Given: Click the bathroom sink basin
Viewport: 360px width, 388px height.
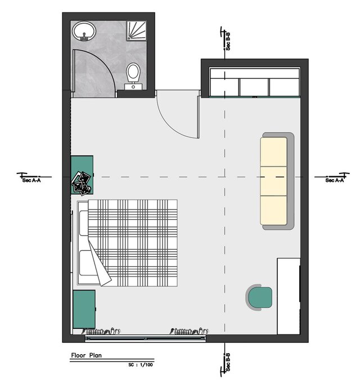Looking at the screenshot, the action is click(84, 31).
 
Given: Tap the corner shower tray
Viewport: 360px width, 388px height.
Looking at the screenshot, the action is click(136, 30).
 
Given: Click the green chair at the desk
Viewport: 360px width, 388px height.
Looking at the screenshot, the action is click(259, 297).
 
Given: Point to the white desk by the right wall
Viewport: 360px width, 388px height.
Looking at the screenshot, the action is click(289, 296).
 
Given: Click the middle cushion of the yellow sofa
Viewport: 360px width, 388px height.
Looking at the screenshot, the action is click(273, 181).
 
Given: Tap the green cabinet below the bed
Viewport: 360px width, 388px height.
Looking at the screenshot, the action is click(84, 309).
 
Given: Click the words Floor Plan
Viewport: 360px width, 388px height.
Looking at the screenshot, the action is click(86, 355).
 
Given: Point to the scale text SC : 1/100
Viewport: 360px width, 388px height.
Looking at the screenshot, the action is click(141, 364).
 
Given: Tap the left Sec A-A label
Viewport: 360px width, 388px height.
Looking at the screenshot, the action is click(31, 180).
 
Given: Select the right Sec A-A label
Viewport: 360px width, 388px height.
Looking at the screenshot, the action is click(335, 180).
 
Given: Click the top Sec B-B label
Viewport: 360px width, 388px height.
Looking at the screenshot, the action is click(228, 42).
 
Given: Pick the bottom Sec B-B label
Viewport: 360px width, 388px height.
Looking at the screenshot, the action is click(228, 362).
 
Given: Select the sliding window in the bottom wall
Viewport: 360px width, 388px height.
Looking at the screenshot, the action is click(145, 338).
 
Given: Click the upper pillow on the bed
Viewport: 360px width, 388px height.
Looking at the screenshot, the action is click(84, 223).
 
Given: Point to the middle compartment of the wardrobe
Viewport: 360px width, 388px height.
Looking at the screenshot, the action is click(254, 87).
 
